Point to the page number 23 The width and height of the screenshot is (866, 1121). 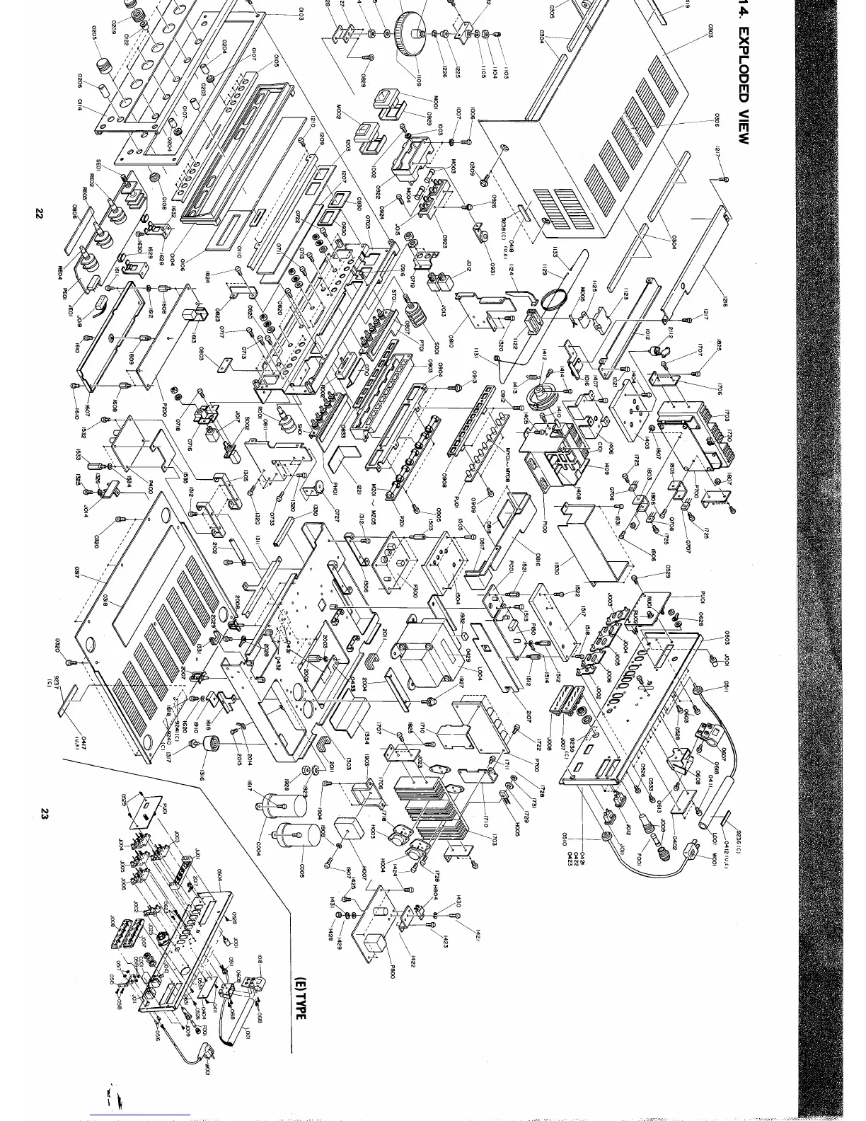(42, 815)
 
